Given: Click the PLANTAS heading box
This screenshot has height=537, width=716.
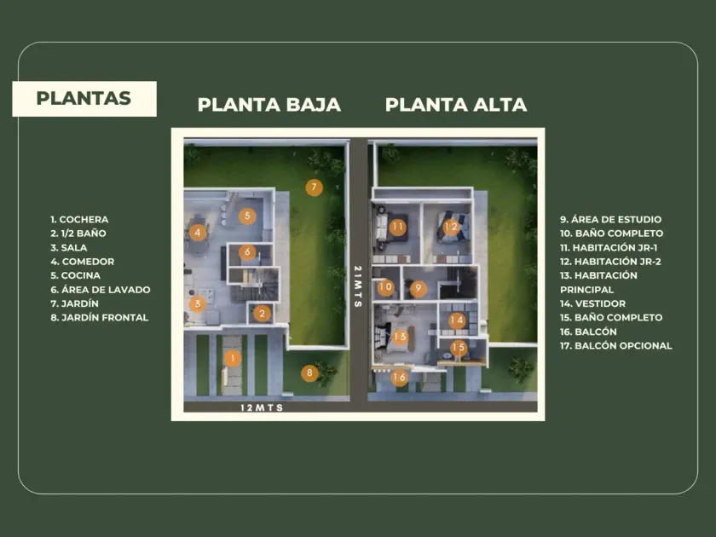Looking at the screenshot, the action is tap(84, 98).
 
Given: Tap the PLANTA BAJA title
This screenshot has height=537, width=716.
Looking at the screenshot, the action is tap(269, 105).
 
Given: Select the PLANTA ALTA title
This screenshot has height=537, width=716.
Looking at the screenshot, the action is tap(456, 105).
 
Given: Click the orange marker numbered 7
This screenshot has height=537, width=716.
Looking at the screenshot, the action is tap(314, 188).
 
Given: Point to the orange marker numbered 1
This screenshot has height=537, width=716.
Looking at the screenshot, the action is tap(232, 358).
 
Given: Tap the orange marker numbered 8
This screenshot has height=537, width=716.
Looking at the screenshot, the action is tap(310, 372).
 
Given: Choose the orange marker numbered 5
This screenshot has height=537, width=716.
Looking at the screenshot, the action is tap(246, 217).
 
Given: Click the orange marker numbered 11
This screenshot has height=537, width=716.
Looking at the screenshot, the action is tap(398, 227).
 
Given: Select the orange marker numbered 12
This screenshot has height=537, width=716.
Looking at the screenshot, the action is tap(451, 227).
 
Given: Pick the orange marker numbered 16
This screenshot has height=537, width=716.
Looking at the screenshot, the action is tap(400, 378).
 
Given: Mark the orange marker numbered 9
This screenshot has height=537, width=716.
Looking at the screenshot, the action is tap(417, 289).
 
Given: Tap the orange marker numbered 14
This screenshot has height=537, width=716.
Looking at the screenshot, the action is tap(457, 321).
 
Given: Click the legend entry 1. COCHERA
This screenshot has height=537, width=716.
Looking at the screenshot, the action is tap(79, 220).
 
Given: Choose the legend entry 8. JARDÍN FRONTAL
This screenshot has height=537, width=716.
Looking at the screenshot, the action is tap(99, 318).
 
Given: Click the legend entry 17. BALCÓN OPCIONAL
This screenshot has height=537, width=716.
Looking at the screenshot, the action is tap(615, 346).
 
